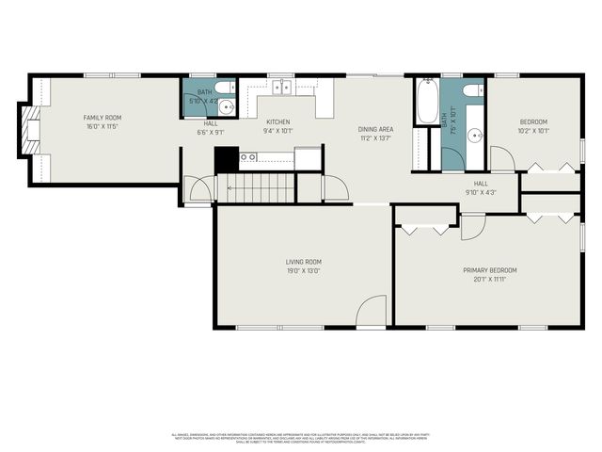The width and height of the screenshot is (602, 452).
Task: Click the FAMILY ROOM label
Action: (103, 118)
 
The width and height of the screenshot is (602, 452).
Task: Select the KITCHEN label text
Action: (278, 122)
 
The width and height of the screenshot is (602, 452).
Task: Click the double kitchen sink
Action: (281, 88)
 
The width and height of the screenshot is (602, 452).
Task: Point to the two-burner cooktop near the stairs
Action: (247, 157)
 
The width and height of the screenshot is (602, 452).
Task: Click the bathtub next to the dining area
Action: (426, 99)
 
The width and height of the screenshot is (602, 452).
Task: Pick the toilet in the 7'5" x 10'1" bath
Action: (473, 90)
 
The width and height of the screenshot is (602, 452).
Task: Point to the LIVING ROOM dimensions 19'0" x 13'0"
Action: (304, 271)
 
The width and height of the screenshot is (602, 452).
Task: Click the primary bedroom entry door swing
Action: (473, 227)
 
